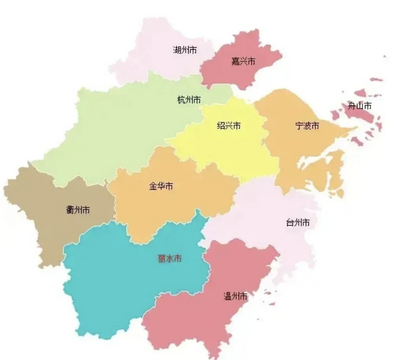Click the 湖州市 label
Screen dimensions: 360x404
click(x=185, y=50)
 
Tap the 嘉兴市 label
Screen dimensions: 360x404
click(x=243, y=61)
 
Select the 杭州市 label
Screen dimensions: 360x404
click(x=189, y=100)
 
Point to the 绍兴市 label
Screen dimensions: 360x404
click(x=229, y=125)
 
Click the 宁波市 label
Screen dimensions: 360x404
click(x=307, y=125)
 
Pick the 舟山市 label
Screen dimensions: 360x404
click(x=360, y=106)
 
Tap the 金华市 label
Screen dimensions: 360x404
click(x=161, y=186)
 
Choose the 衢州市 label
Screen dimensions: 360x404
click(x=78, y=210)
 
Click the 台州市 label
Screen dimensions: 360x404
click(x=298, y=222)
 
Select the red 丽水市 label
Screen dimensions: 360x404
click(x=170, y=258)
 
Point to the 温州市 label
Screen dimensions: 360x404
click(x=235, y=296)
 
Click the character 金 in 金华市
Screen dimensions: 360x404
click(x=153, y=186)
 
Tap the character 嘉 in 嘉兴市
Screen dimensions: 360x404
click(x=235, y=61)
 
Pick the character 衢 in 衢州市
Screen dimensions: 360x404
click(x=70, y=210)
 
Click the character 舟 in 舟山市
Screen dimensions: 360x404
click(x=352, y=106)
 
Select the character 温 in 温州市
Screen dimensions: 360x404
click(x=227, y=296)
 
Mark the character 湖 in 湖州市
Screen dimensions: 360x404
click(x=177, y=50)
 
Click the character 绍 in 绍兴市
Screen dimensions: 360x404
click(x=221, y=125)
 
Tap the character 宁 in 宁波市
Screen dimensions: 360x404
click(x=299, y=125)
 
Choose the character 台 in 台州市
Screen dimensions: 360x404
click(x=290, y=222)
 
